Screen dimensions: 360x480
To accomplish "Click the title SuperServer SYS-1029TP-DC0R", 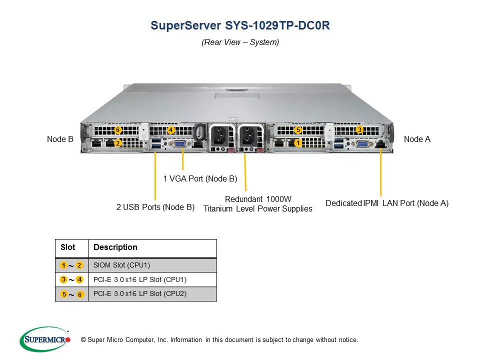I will click(240, 25).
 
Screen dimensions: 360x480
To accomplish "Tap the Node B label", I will click(60, 139).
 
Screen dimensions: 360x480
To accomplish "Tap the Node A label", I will click(417, 139).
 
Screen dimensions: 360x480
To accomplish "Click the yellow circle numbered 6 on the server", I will click(118, 130).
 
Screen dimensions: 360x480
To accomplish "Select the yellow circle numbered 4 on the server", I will click(171, 130).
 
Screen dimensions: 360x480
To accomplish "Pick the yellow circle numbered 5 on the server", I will click(298, 130).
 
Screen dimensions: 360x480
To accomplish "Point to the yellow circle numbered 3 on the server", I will click(359, 130).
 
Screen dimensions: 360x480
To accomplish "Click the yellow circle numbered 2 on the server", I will click(118, 143).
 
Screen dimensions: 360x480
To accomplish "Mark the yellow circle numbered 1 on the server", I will click(298, 143).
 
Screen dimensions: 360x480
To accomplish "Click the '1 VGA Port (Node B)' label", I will click(200, 178).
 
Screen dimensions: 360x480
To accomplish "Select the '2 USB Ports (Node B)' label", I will click(155, 207).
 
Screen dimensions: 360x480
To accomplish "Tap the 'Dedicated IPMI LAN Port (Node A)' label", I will click(387, 203).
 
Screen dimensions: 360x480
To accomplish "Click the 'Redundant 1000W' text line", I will click(258, 199).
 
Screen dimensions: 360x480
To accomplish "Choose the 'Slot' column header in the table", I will click(68, 247).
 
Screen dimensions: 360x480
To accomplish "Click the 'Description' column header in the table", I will click(115, 247).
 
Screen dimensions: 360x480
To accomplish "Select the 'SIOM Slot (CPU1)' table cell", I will click(122, 265).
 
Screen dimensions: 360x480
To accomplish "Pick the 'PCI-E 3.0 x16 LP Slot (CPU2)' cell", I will click(140, 294).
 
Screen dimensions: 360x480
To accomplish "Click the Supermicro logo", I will click(45, 339).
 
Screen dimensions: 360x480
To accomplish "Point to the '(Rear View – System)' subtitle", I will click(240, 42).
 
